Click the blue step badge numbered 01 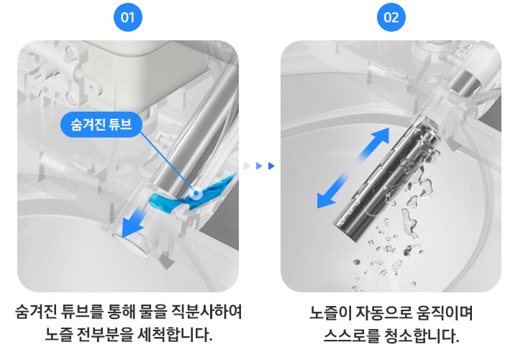coord(127,17)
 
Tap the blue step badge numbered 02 coord(391,17)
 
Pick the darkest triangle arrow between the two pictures coord(271,166)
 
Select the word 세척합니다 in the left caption coord(171,335)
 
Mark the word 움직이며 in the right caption coord(445,314)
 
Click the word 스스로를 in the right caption coord(351,336)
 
